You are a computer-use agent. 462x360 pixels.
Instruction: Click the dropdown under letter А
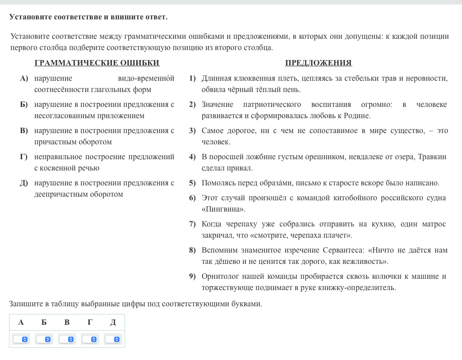[21, 339]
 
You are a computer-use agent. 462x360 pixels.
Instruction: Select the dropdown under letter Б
[44, 339]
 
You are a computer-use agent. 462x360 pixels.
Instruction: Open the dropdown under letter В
[67, 339]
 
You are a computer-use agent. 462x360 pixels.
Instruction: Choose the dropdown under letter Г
[90, 339]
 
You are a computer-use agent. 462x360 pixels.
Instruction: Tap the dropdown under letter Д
[113, 339]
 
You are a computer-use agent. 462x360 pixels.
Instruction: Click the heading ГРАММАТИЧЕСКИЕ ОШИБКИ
[97, 63]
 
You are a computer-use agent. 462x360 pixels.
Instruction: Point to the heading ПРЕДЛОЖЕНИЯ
[319, 63]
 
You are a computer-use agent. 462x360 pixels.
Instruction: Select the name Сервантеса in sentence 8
[344, 250]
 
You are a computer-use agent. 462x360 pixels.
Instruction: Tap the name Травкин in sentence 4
[432, 157]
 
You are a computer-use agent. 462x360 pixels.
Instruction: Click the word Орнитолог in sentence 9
[219, 276]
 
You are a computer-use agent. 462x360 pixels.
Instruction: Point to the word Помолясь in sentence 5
[217, 183]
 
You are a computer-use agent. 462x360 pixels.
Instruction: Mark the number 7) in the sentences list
[193, 224]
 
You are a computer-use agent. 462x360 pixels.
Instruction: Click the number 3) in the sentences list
[193, 131]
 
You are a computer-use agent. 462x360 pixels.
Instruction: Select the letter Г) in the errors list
[24, 157]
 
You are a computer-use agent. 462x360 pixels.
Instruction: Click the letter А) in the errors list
[24, 78]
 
